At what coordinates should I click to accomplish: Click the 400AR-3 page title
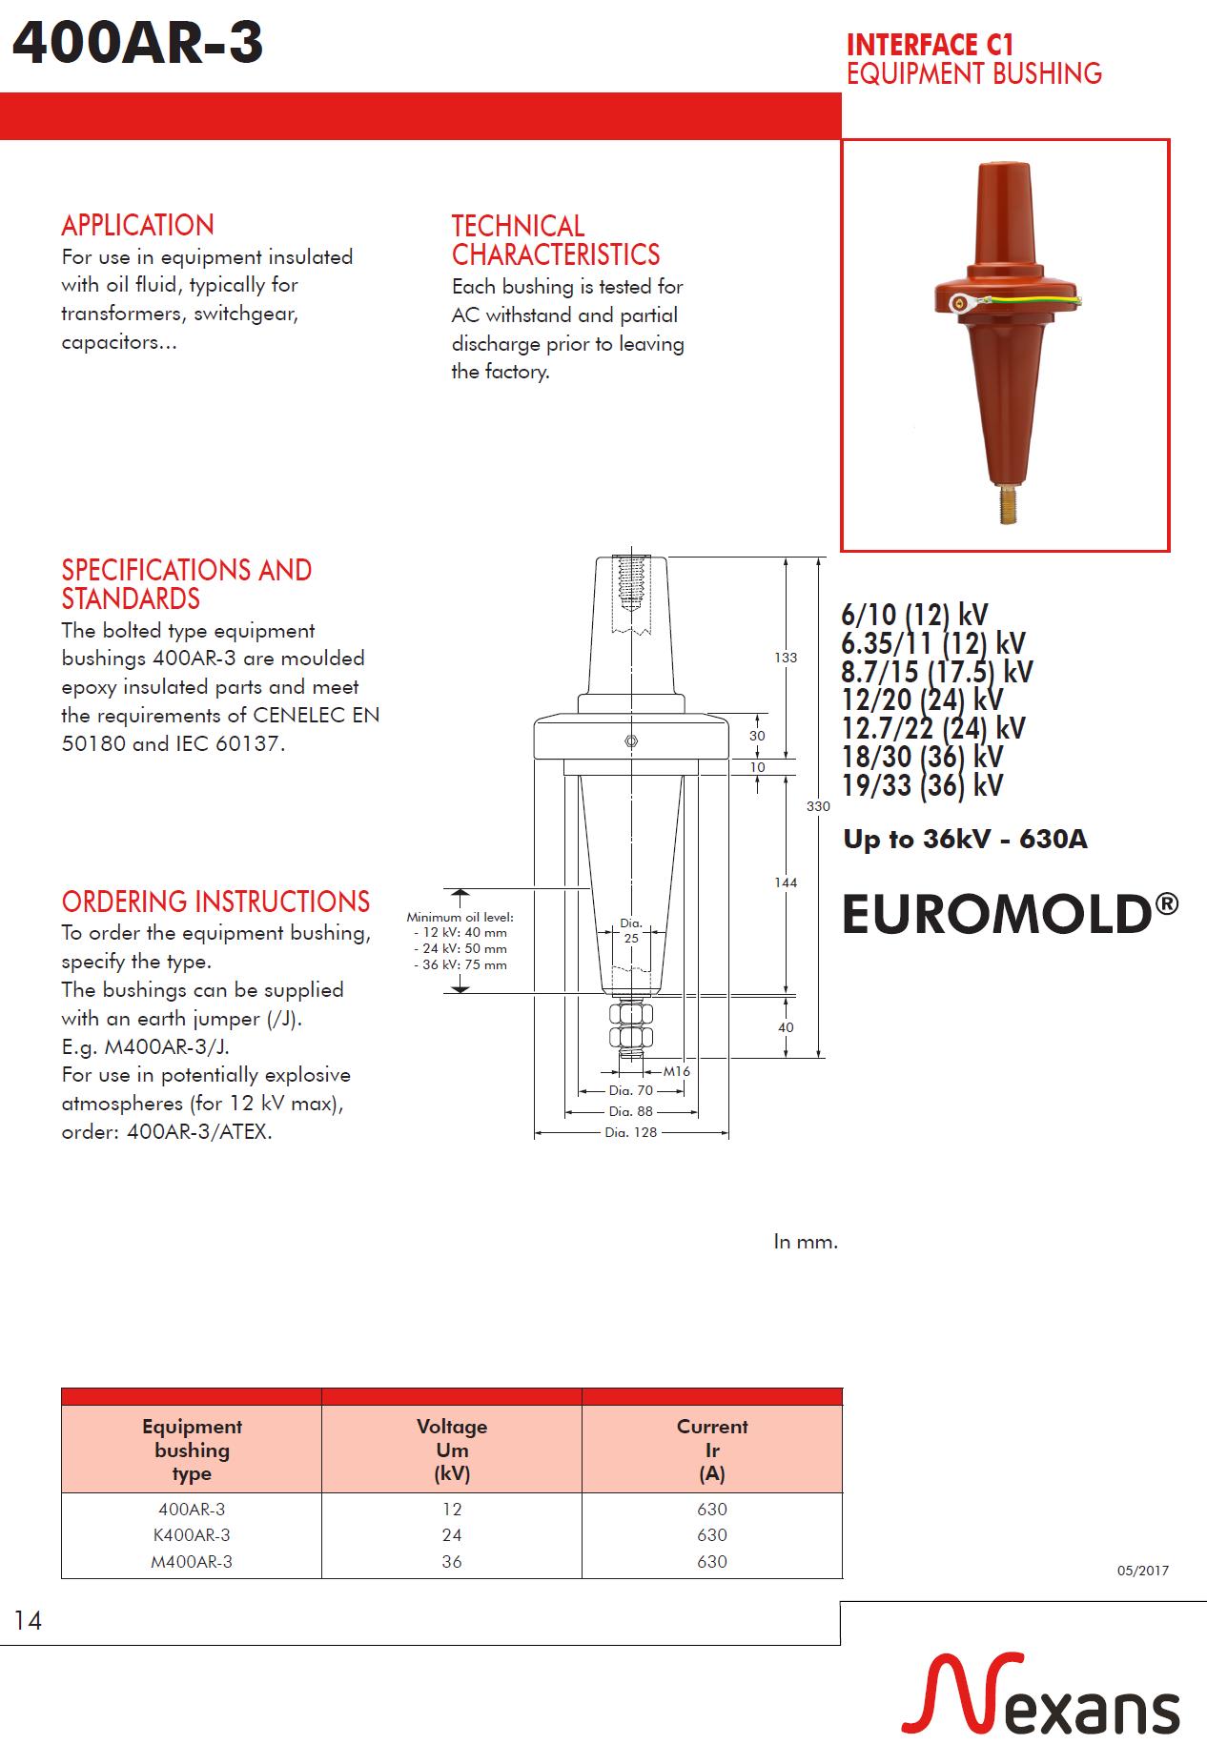tap(138, 44)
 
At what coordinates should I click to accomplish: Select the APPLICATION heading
tap(137, 226)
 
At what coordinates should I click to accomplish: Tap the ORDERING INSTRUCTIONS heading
tap(215, 902)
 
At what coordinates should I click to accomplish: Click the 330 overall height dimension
tap(818, 806)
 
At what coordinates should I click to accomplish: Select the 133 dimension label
tap(785, 658)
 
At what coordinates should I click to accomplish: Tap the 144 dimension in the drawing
tap(785, 882)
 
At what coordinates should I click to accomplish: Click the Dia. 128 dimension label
tap(630, 1133)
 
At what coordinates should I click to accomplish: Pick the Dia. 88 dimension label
tap(630, 1111)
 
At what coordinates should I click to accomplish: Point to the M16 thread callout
tap(676, 1071)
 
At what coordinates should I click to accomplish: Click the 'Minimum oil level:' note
tap(460, 918)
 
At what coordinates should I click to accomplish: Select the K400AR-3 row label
tap(191, 1534)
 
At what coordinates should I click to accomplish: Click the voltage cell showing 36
tap(452, 1561)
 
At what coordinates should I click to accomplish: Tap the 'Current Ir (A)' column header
tap(712, 1450)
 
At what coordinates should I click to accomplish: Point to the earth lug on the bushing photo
tap(959, 305)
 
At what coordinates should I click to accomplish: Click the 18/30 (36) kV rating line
tap(922, 757)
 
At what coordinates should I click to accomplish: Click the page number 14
tap(28, 1621)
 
